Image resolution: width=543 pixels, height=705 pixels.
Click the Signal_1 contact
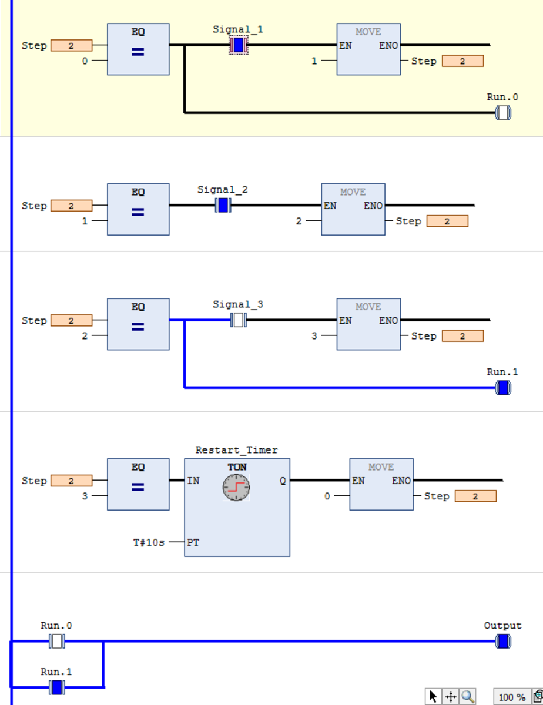click(238, 45)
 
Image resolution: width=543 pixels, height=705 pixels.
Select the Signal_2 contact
click(223, 205)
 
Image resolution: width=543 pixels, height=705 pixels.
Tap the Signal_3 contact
click(238, 320)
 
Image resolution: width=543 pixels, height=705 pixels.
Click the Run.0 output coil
click(503, 113)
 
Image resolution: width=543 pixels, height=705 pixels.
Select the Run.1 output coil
click(503, 388)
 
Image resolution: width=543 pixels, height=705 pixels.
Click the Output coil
click(503, 642)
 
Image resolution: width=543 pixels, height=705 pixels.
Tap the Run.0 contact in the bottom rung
click(56, 642)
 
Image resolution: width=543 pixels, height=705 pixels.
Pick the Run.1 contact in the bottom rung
click(56, 687)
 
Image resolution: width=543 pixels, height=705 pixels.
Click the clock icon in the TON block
click(236, 488)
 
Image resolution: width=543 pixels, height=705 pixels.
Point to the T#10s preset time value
click(149, 542)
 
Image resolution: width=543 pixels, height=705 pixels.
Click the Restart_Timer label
click(236, 450)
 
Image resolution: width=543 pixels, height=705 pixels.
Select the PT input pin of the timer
click(193, 542)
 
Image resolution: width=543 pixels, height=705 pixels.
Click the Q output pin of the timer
click(283, 481)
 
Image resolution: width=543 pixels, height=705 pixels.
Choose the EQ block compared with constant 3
click(138, 484)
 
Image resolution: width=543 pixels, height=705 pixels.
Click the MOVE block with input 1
click(368, 49)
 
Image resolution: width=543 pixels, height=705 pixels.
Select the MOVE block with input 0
click(381, 484)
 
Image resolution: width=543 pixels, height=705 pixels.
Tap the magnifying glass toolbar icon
click(468, 697)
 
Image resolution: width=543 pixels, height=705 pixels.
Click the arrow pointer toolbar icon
click(434, 697)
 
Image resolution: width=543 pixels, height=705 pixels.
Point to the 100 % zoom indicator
click(512, 697)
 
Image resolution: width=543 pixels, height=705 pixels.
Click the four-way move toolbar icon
click(451, 697)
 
